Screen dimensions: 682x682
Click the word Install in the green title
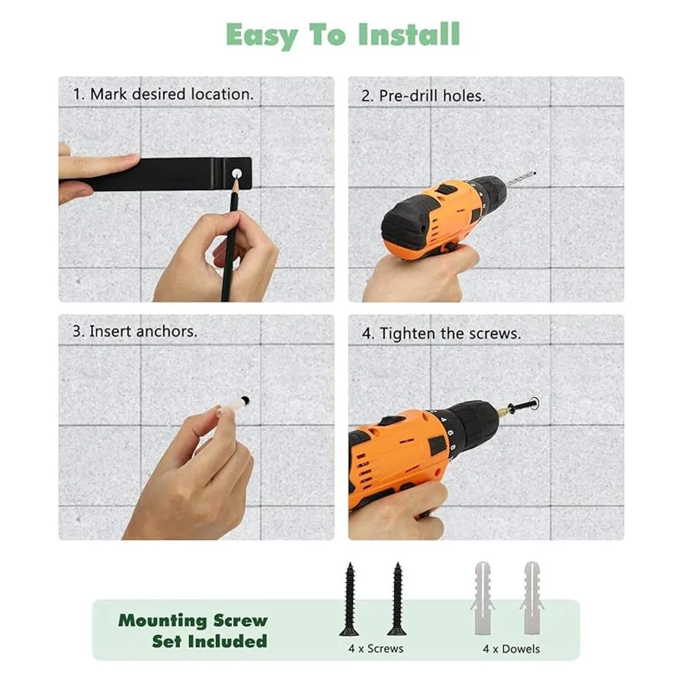pos(409,34)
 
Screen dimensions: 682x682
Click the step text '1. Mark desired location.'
pos(163,94)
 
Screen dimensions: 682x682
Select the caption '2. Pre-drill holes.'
pos(423,96)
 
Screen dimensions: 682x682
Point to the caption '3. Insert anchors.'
pos(135,331)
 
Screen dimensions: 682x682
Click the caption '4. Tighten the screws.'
pos(442,334)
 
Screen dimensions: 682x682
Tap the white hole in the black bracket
pos(236,173)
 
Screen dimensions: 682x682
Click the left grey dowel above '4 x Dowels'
pos(483,598)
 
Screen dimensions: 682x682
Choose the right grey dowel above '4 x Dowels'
pos(532,598)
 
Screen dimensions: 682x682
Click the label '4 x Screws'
pos(376,648)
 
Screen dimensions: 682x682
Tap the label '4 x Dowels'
pos(511,649)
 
